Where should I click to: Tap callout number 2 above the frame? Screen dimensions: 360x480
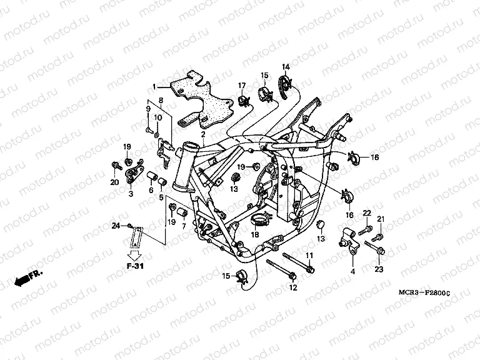click(202, 134)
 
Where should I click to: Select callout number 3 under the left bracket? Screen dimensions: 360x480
click(131, 194)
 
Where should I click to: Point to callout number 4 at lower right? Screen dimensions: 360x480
click(352, 271)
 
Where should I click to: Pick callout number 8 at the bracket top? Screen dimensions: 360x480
click(161, 100)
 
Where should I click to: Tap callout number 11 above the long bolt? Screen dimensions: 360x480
click(309, 256)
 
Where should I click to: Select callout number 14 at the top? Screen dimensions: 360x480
click(285, 67)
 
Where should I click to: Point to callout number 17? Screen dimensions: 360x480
click(241, 85)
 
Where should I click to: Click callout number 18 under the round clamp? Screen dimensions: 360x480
click(255, 234)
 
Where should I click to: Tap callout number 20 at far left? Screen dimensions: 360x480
click(114, 182)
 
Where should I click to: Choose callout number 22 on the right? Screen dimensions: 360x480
click(367, 213)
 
